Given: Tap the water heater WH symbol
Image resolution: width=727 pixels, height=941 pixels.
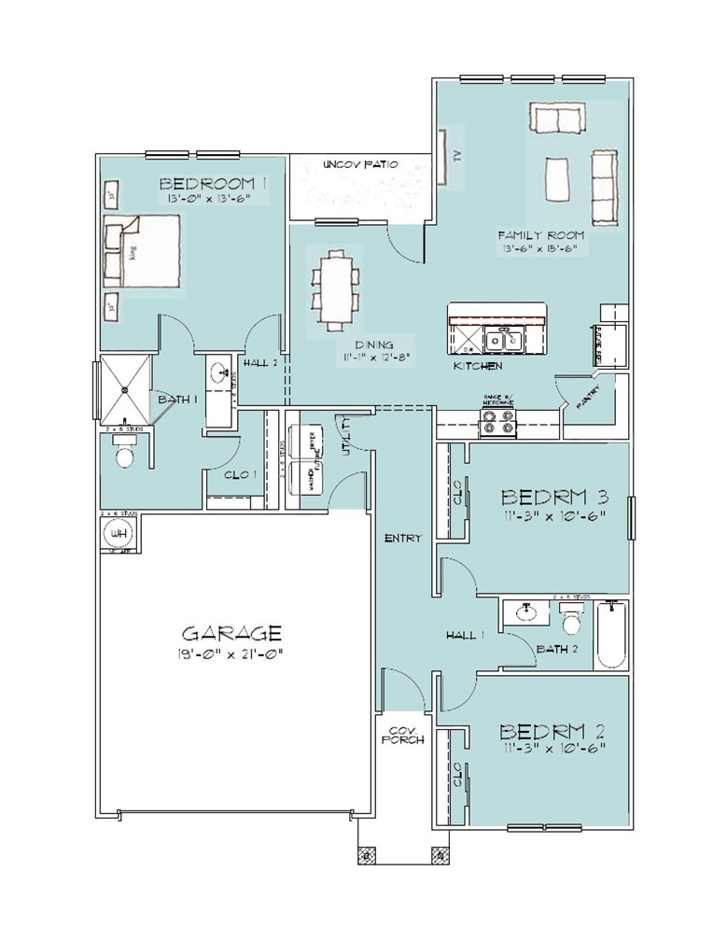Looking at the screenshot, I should point(119,534).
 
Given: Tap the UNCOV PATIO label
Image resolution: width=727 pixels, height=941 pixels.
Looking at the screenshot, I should point(359,164).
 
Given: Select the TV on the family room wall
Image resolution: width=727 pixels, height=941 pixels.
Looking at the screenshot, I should point(444,156).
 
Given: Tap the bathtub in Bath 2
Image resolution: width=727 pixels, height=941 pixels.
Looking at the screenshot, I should point(612,635).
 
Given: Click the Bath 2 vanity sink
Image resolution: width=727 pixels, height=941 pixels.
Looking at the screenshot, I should point(524,612).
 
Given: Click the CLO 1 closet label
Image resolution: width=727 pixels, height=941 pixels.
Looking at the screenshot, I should point(241,475).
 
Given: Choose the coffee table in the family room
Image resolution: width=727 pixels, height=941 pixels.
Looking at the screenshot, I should point(558,178).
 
